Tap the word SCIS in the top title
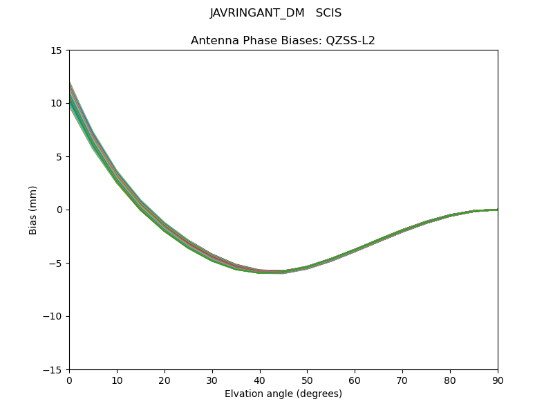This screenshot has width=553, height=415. [x=328, y=13]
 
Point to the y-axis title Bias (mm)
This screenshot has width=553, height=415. [x=33, y=210]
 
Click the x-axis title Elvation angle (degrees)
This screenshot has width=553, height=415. [x=283, y=394]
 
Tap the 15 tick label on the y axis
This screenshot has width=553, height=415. [x=56, y=50]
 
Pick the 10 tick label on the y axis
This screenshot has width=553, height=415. [x=56, y=103]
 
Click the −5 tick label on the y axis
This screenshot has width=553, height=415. [x=54, y=263]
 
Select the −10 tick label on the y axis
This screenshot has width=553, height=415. [x=51, y=316]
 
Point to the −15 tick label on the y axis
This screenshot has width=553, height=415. [x=51, y=369]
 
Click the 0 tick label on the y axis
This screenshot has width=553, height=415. [x=59, y=210]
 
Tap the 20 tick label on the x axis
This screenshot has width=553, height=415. [x=165, y=380]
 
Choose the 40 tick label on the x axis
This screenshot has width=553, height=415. [x=260, y=380]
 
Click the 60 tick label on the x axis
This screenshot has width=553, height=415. [x=355, y=380]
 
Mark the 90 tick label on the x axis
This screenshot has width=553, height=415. [x=498, y=380]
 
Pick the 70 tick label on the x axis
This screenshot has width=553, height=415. [x=402, y=380]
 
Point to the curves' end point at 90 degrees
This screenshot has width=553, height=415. [x=497, y=210]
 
